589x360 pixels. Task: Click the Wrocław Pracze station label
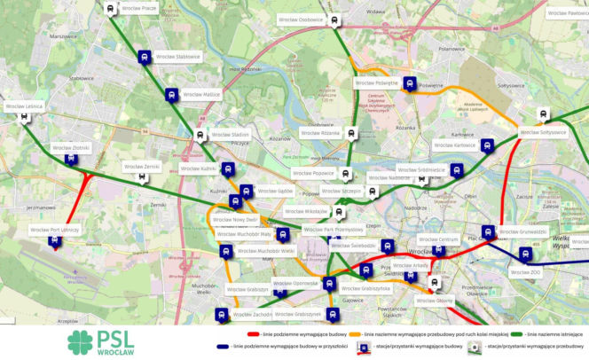138,9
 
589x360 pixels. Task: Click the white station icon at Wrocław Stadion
200,135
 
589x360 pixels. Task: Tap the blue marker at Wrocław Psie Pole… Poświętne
409,83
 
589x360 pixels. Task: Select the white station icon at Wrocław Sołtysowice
543,114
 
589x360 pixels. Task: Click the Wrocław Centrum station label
438,239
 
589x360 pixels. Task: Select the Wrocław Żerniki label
144,166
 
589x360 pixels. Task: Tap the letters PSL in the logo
115,337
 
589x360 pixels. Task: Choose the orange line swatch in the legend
356,333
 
